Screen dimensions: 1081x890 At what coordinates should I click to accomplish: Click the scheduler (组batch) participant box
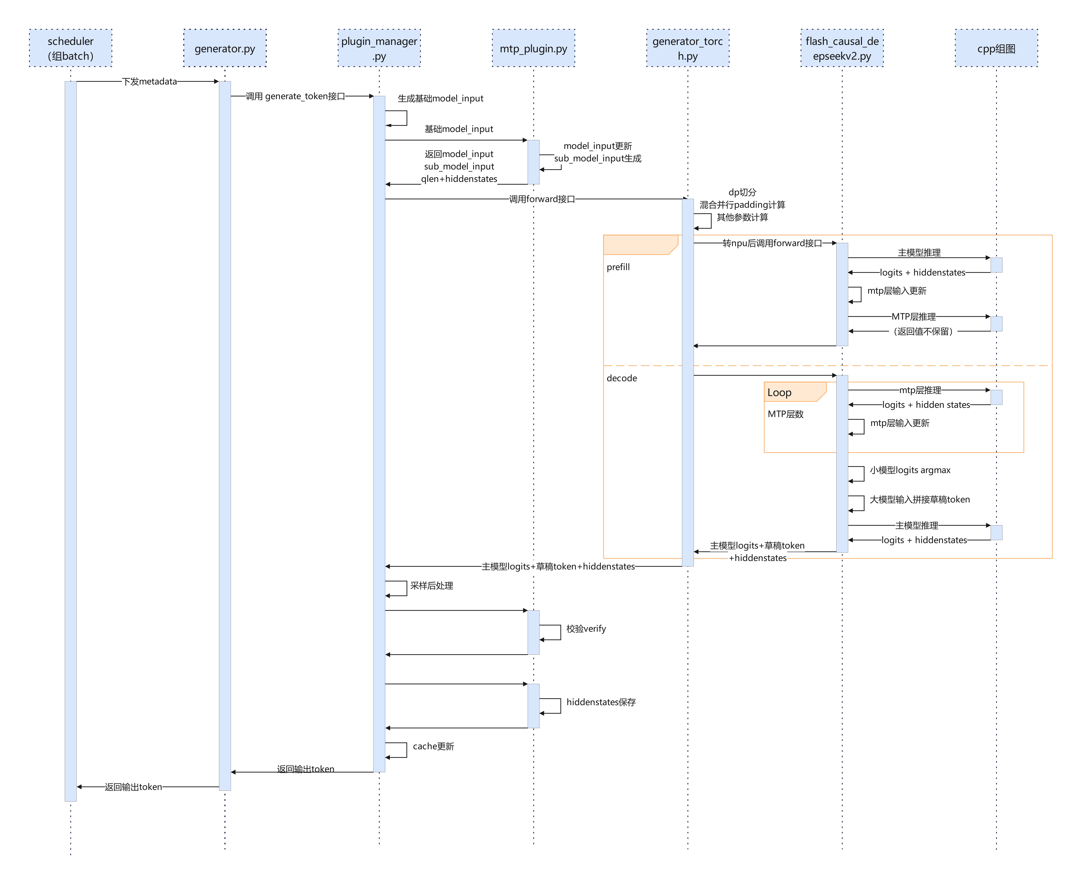pyautogui.click(x=71, y=48)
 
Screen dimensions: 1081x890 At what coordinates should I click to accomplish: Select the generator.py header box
pyautogui.click(x=225, y=48)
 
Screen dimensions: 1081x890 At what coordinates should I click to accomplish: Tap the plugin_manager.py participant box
pyautogui.click(x=379, y=48)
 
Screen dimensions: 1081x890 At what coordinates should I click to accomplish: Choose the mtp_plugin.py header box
pyautogui.click(x=534, y=48)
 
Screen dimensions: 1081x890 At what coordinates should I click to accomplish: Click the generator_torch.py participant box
pyautogui.click(x=688, y=48)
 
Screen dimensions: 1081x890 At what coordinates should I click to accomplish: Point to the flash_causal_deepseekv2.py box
pyautogui.click(x=842, y=48)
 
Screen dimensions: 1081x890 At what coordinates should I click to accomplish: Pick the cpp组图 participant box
pyautogui.click(x=996, y=48)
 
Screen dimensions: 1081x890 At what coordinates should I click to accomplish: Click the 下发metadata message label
pyautogui.click(x=149, y=81)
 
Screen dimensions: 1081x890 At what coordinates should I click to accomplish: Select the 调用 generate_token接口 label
pyautogui.click(x=295, y=96)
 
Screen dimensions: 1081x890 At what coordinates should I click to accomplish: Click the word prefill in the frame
pyautogui.click(x=618, y=267)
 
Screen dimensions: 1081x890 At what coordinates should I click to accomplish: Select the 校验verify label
pyautogui.click(x=586, y=629)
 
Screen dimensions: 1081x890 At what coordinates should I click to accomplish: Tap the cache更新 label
pyautogui.click(x=434, y=746)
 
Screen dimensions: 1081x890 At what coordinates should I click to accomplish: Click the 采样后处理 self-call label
pyautogui.click(x=432, y=585)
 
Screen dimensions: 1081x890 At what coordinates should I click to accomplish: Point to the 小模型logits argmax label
pyautogui.click(x=910, y=470)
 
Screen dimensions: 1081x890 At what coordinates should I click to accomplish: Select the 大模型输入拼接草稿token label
pyautogui.click(x=920, y=499)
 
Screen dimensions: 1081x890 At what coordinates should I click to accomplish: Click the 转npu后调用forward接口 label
pyautogui.click(x=772, y=243)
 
